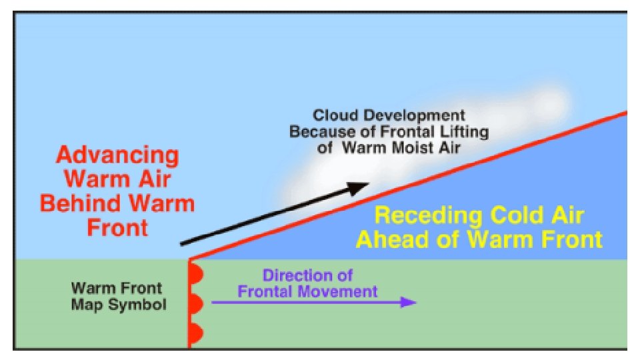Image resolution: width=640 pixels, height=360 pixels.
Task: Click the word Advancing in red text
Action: tap(117, 156)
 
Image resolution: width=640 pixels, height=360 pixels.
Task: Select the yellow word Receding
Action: tap(427, 216)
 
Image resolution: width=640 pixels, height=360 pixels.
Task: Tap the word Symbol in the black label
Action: tap(143, 305)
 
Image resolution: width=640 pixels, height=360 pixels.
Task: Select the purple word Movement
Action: tap(342, 291)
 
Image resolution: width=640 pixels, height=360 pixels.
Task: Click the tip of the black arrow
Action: tap(369, 185)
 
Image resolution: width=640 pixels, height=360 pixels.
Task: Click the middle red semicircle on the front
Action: tap(195, 304)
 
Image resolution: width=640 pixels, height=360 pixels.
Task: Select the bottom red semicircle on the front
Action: tap(195, 333)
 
